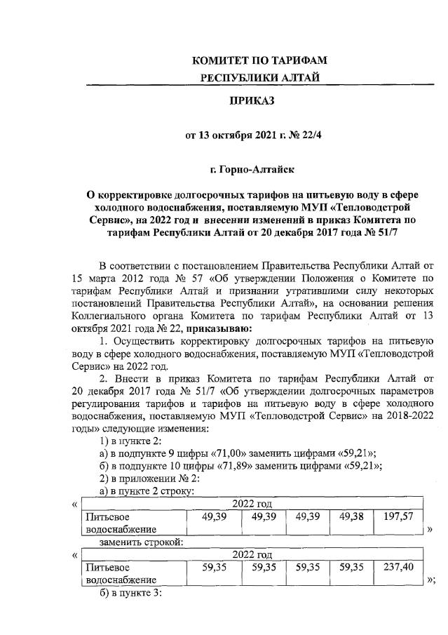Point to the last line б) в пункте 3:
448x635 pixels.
pyautogui.click(x=131, y=593)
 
